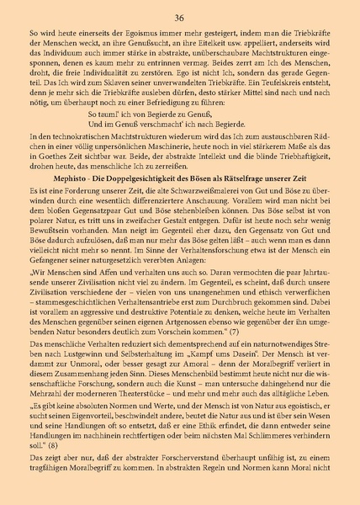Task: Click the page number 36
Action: (179, 16)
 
